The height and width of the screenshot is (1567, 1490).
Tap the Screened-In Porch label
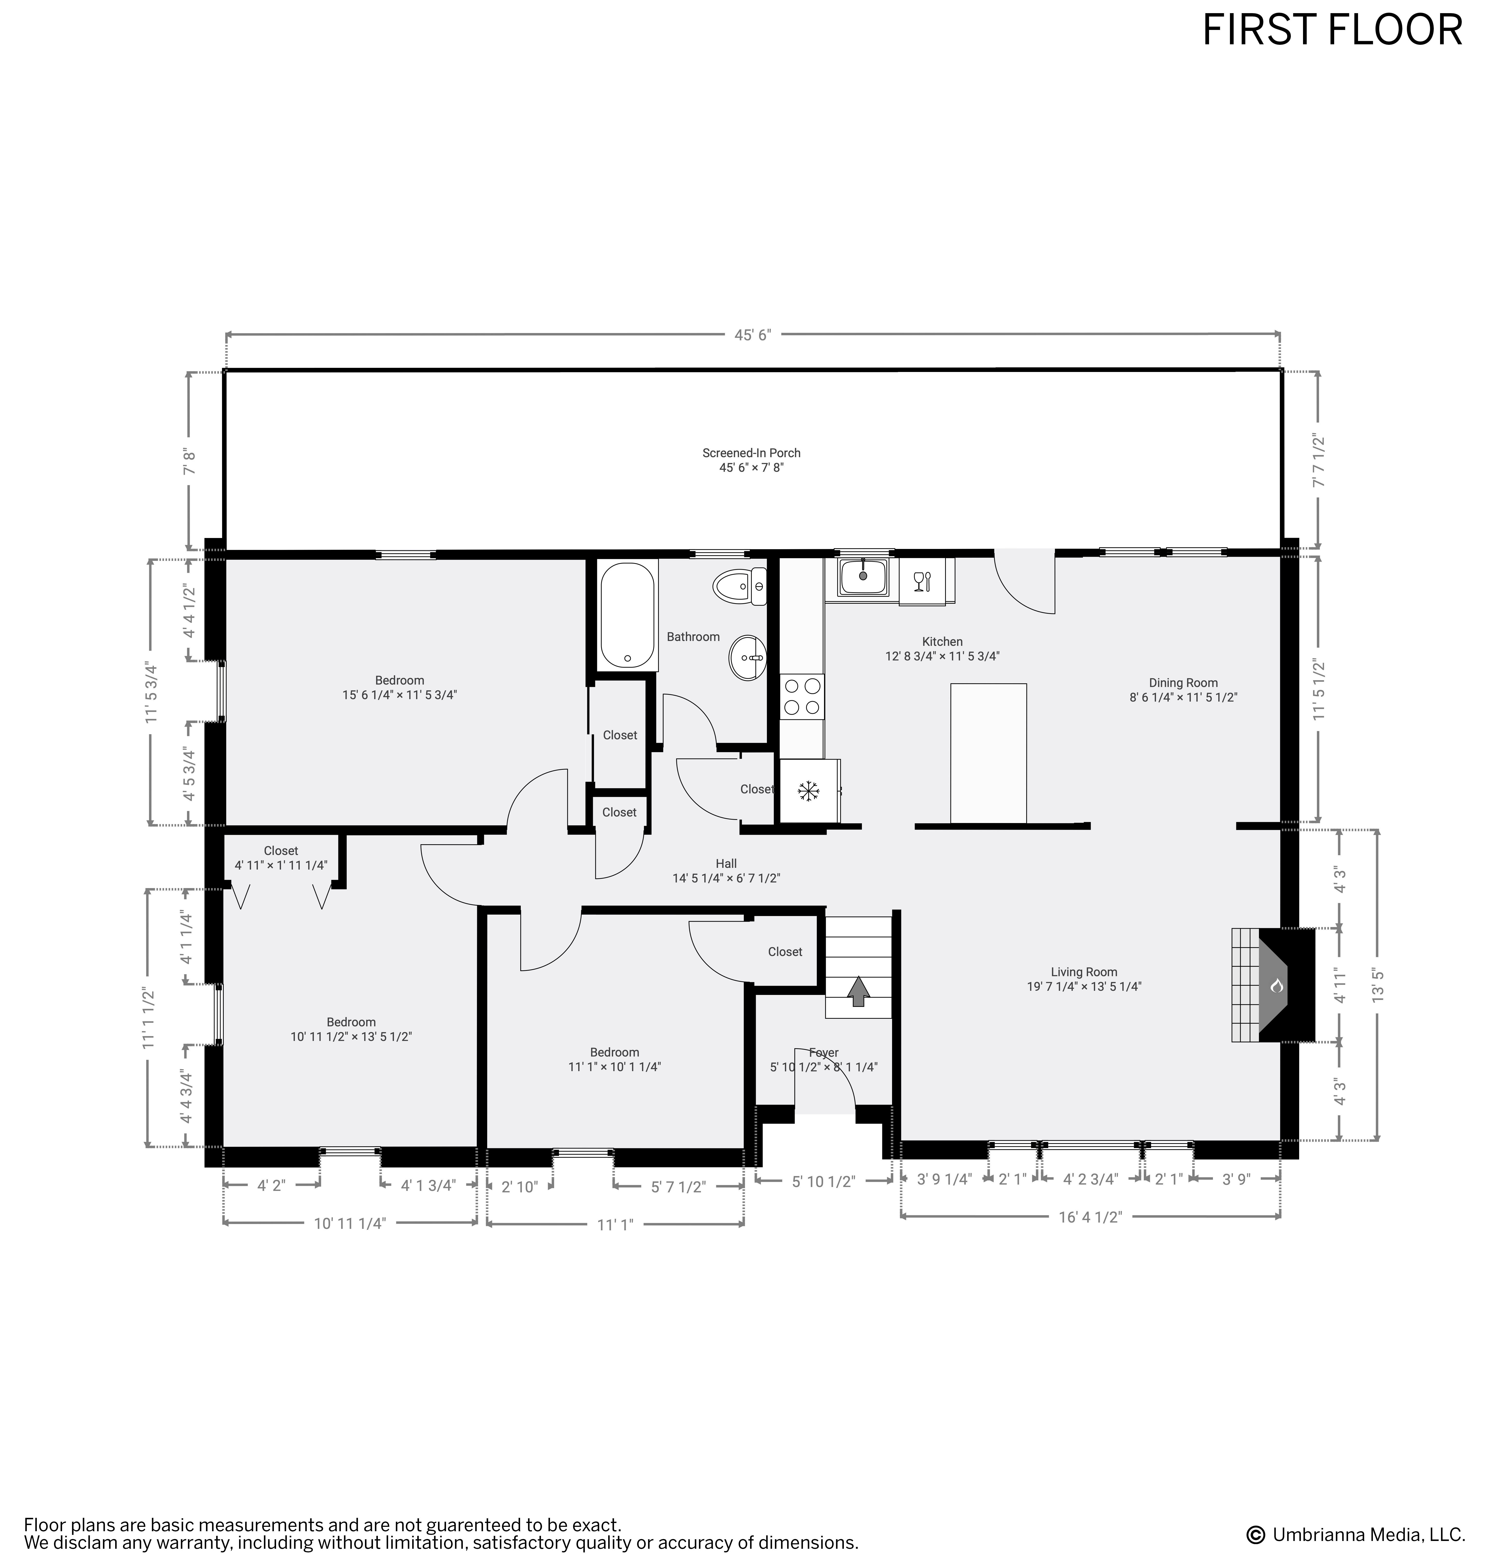pyautogui.click(x=751, y=453)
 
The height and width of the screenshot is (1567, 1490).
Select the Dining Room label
pyautogui.click(x=1183, y=682)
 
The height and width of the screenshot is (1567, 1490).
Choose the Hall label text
pyautogui.click(x=726, y=863)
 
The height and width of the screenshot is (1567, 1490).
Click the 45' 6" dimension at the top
pyautogui.click(x=752, y=335)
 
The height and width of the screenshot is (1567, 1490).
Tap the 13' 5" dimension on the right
pyautogui.click(x=1378, y=986)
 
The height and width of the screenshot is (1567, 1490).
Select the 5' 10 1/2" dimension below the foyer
pyautogui.click(x=824, y=1181)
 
